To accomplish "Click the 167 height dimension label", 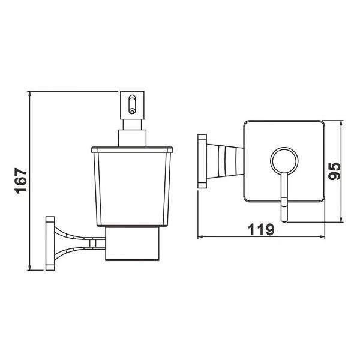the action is (21, 181).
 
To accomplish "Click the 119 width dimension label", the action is (261, 229).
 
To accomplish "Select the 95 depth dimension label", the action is (334, 171).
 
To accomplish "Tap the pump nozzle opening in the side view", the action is (132, 112).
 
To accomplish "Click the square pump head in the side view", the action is (132, 105).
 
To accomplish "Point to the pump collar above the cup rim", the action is (132, 138).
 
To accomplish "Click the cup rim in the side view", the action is (132, 149).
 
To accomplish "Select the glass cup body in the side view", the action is (132, 189).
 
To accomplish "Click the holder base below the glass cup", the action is (132, 244).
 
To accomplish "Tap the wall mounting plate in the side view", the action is (50, 243).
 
